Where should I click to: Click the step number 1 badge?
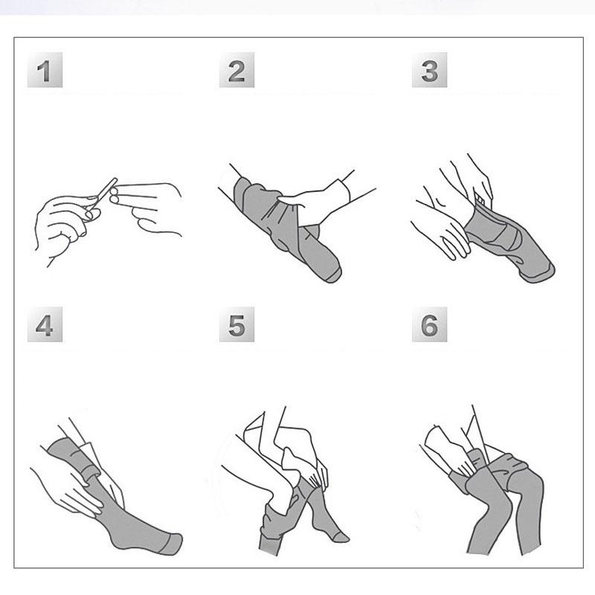[x=45, y=70]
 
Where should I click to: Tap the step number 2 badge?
[x=237, y=70]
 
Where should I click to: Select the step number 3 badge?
[x=430, y=70]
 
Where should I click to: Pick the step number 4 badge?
[x=45, y=324]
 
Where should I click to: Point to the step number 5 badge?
[x=237, y=324]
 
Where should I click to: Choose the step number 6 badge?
[x=430, y=324]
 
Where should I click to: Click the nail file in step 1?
[x=103, y=193]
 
